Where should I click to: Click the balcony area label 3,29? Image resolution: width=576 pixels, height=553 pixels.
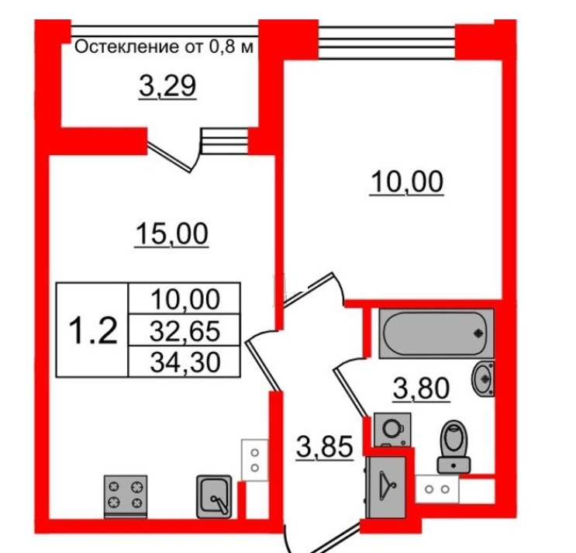point(167,86)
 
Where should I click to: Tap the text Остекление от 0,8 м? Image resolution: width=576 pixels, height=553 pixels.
point(164,47)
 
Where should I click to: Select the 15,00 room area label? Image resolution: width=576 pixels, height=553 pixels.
point(171,234)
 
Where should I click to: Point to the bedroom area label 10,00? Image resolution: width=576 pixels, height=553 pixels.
point(407,182)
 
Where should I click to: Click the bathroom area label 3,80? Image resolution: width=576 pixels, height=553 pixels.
point(422,389)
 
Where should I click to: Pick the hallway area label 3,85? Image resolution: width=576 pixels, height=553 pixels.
point(325,448)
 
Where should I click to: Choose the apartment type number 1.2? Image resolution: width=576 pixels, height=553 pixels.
point(93,330)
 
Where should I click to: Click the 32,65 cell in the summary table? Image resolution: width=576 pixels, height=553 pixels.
point(185,330)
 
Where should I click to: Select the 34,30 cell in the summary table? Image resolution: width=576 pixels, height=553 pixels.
point(185,361)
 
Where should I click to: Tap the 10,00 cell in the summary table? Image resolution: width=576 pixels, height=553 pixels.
point(185,299)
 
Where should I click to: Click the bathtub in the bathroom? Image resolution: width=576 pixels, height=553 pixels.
point(436,334)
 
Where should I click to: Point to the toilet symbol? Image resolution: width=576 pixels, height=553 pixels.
point(454,447)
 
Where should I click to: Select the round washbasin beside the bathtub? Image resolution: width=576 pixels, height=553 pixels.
point(483,378)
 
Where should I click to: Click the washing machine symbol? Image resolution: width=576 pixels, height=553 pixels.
point(392,429)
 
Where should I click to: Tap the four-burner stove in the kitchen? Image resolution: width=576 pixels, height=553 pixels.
point(126,496)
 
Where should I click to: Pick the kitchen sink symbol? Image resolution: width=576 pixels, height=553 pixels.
point(214,497)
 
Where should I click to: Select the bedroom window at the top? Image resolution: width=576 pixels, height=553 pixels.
point(387,42)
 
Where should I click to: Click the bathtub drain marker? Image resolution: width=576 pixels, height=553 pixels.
point(478,334)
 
